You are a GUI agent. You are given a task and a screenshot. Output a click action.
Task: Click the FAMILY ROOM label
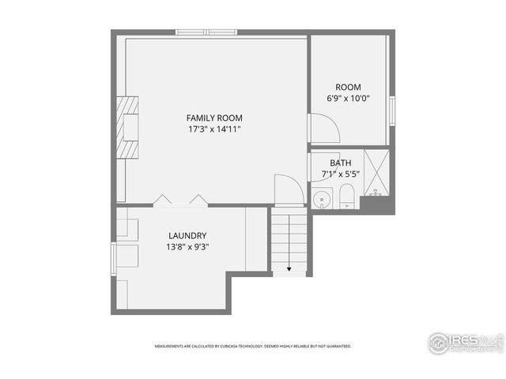tap(214, 118)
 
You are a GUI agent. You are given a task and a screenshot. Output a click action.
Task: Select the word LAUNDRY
tap(187, 235)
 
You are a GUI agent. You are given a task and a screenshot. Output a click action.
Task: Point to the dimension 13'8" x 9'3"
tap(187, 246)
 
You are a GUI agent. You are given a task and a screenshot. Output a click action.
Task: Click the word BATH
tap(341, 163)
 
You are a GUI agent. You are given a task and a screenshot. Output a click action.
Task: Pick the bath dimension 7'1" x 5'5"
tap(341, 174)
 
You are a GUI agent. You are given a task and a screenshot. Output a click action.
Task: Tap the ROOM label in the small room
tap(348, 88)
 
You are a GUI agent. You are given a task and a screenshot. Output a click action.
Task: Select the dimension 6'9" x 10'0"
tap(349, 99)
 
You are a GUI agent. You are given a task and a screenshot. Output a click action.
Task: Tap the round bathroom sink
tap(321, 199)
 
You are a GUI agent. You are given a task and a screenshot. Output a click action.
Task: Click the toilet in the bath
tap(346, 197)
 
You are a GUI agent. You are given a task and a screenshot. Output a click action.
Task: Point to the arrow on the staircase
tap(289, 268)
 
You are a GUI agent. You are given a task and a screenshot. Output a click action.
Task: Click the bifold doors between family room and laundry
tap(180, 200)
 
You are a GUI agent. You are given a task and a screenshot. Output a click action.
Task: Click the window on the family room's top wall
tap(206, 32)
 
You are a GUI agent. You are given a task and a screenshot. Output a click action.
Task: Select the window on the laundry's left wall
tap(114, 258)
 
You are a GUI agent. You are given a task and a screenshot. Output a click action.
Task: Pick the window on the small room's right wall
tap(391, 110)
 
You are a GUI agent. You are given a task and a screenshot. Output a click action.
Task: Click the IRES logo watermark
tap(465, 343)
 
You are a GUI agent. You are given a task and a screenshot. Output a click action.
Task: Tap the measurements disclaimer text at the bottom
tap(252, 346)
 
